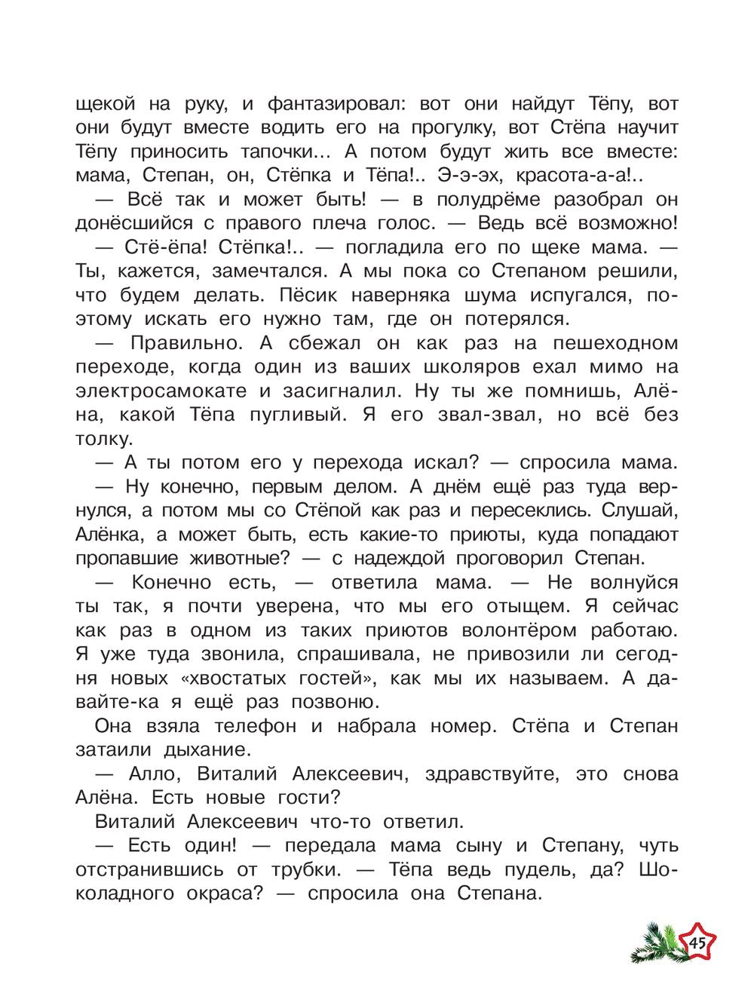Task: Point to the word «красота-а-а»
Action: [606, 176]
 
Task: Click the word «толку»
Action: [105, 439]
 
